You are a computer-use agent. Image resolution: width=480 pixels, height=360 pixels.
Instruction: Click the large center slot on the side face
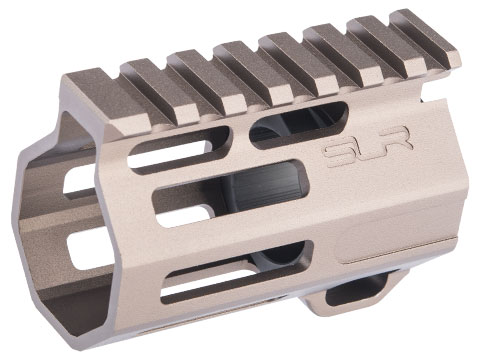pos(230,193)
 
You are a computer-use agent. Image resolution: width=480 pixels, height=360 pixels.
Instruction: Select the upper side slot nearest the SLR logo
pos(298,125)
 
